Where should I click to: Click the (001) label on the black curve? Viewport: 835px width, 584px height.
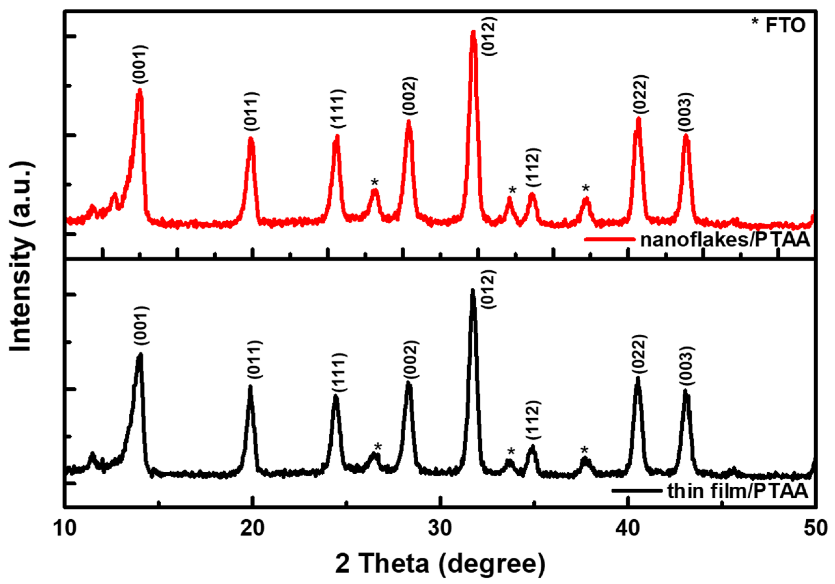click(141, 326)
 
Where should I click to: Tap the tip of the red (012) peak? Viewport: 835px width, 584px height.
click(473, 32)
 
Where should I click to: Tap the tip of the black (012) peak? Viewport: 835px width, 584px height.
click(472, 290)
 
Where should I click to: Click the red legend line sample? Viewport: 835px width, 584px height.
click(609, 239)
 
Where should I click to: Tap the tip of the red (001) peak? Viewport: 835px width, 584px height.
click(139, 90)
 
